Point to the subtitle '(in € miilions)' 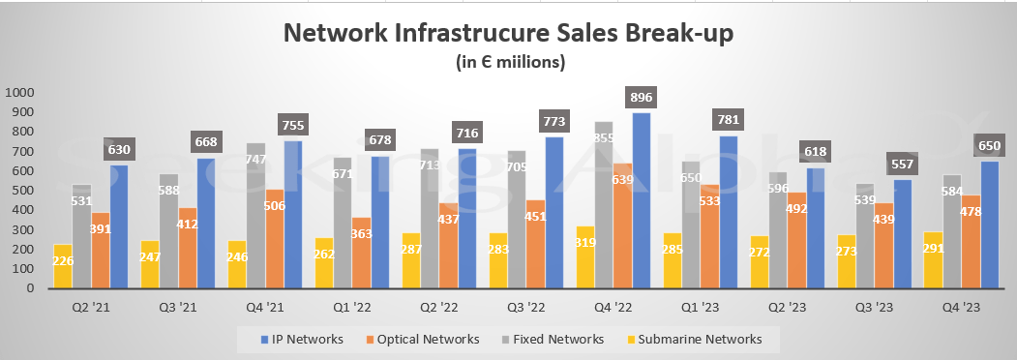click(509, 62)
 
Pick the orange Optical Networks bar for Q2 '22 click(449, 247)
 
